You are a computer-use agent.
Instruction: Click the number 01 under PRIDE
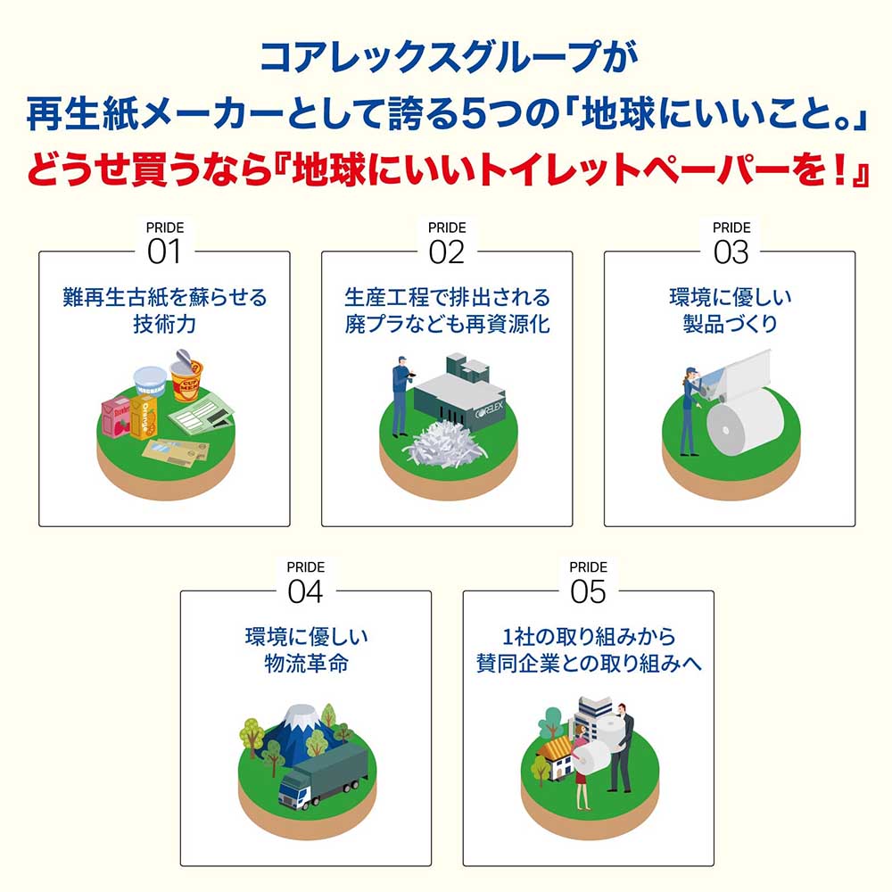click(x=164, y=252)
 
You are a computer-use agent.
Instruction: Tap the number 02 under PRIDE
click(x=447, y=252)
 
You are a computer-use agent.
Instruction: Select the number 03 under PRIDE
click(x=731, y=252)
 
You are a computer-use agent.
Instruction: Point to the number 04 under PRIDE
click(x=305, y=591)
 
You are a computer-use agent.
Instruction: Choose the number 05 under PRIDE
click(x=588, y=591)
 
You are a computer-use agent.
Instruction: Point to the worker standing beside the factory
click(x=400, y=392)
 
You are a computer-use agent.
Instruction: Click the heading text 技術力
click(x=164, y=324)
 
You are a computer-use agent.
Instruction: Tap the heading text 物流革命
click(x=305, y=664)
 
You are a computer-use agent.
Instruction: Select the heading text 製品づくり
click(x=731, y=324)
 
